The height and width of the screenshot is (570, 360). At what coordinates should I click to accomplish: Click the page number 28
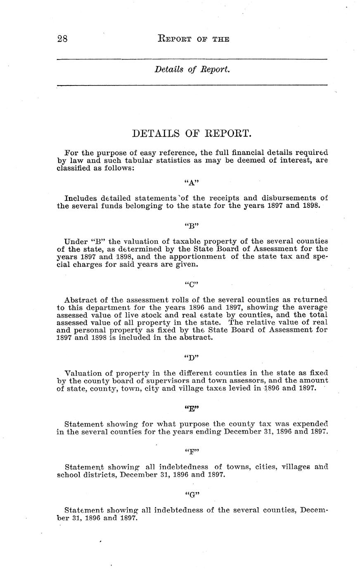point(62,39)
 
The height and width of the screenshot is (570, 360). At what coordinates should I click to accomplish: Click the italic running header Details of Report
point(192,69)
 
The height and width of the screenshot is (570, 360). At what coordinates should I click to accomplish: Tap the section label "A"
point(192,181)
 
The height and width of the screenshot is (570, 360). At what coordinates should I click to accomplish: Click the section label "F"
point(192,451)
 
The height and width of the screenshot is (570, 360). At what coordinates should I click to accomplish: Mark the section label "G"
point(192,494)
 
